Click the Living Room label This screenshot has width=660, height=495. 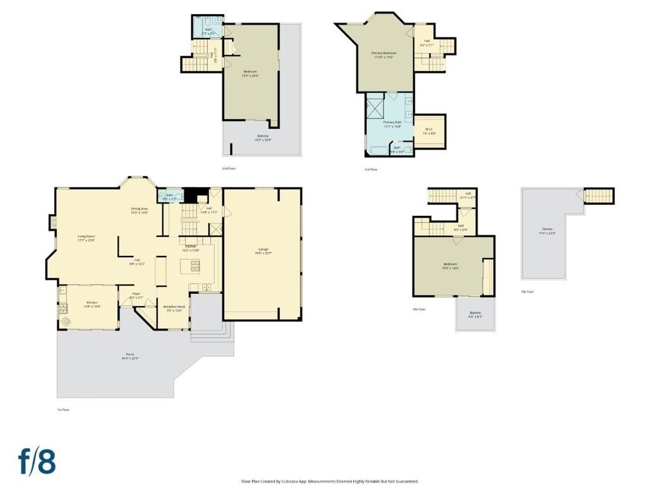[x=86, y=238]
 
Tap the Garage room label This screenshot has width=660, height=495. [x=263, y=251]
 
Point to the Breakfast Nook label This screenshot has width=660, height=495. [x=174, y=308]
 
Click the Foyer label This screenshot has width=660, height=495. [x=137, y=296]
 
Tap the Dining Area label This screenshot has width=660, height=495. [x=140, y=210]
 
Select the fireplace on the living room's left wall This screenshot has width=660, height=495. [x=53, y=223]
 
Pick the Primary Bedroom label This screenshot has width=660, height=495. [x=383, y=55]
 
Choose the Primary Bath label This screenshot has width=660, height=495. [x=393, y=124]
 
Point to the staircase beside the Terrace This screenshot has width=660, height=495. [x=600, y=195]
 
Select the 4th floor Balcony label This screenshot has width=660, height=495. [x=475, y=315]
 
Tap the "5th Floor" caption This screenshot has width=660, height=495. [x=527, y=291]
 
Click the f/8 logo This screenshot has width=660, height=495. [x=37, y=462]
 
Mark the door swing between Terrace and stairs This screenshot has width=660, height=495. [x=581, y=194]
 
